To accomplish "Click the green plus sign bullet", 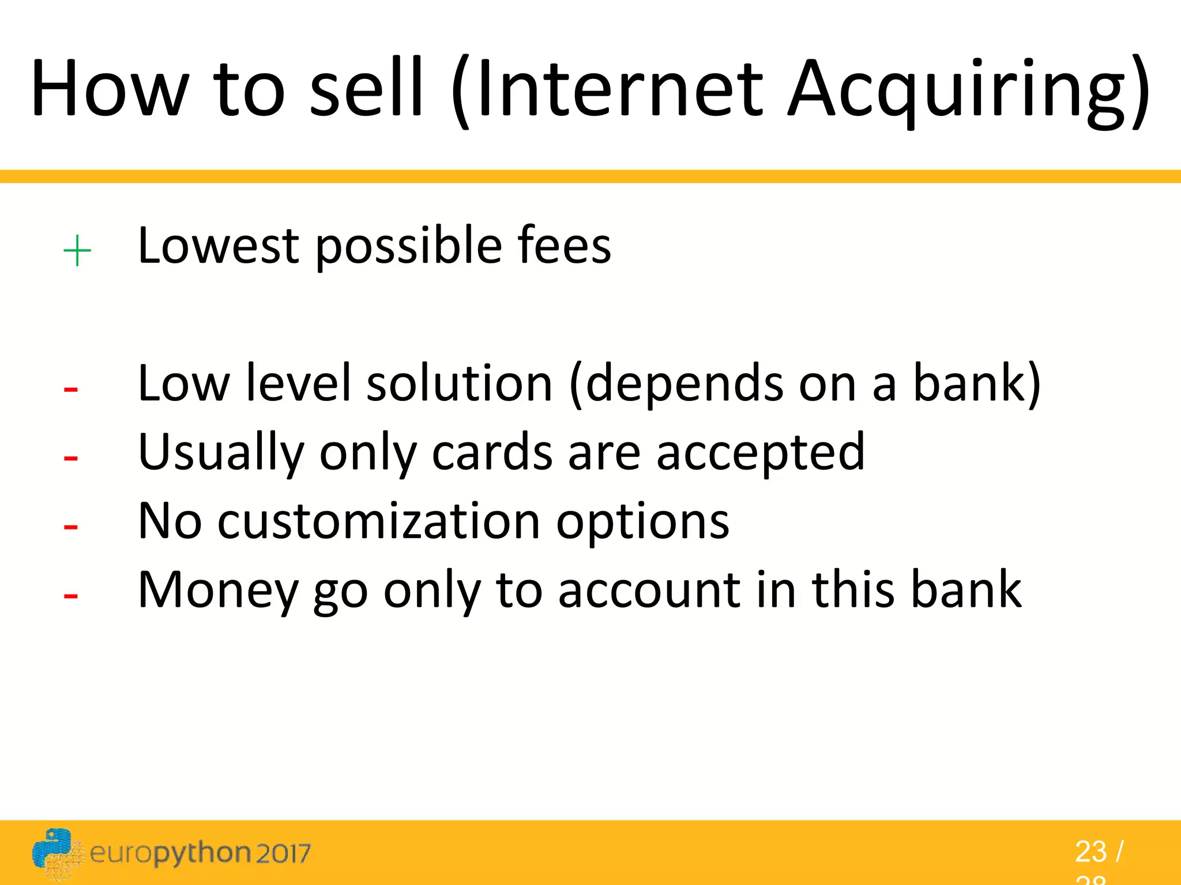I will (x=77, y=251).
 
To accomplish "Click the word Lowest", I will (x=219, y=246).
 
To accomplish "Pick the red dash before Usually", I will (x=71, y=459).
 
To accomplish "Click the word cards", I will (x=492, y=453).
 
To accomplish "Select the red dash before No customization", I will (x=71, y=527).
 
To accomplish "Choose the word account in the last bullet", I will (x=649, y=591).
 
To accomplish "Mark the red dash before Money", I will (x=71, y=596).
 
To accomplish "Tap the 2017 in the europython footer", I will (x=283, y=853).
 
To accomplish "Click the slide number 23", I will (x=1090, y=852).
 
